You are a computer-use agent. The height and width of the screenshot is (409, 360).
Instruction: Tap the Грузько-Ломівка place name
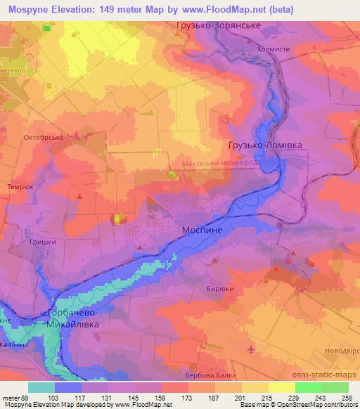(x=264, y=145)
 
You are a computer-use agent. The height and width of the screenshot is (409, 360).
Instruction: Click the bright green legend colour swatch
(x=308, y=387)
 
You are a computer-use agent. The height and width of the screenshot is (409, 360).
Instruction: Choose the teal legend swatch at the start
(x=41, y=387)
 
